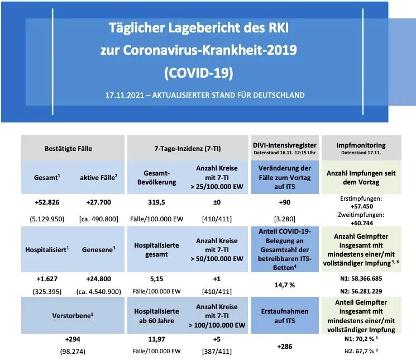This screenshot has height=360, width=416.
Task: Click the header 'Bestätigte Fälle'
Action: [68, 149]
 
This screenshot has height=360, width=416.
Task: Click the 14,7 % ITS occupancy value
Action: [284, 284]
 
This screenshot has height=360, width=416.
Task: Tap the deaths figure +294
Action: [72, 338]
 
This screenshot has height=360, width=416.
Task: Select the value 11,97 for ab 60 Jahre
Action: [154, 338]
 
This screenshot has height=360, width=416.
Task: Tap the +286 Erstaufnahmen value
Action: [284, 346]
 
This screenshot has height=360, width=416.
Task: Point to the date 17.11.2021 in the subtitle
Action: [124, 95]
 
